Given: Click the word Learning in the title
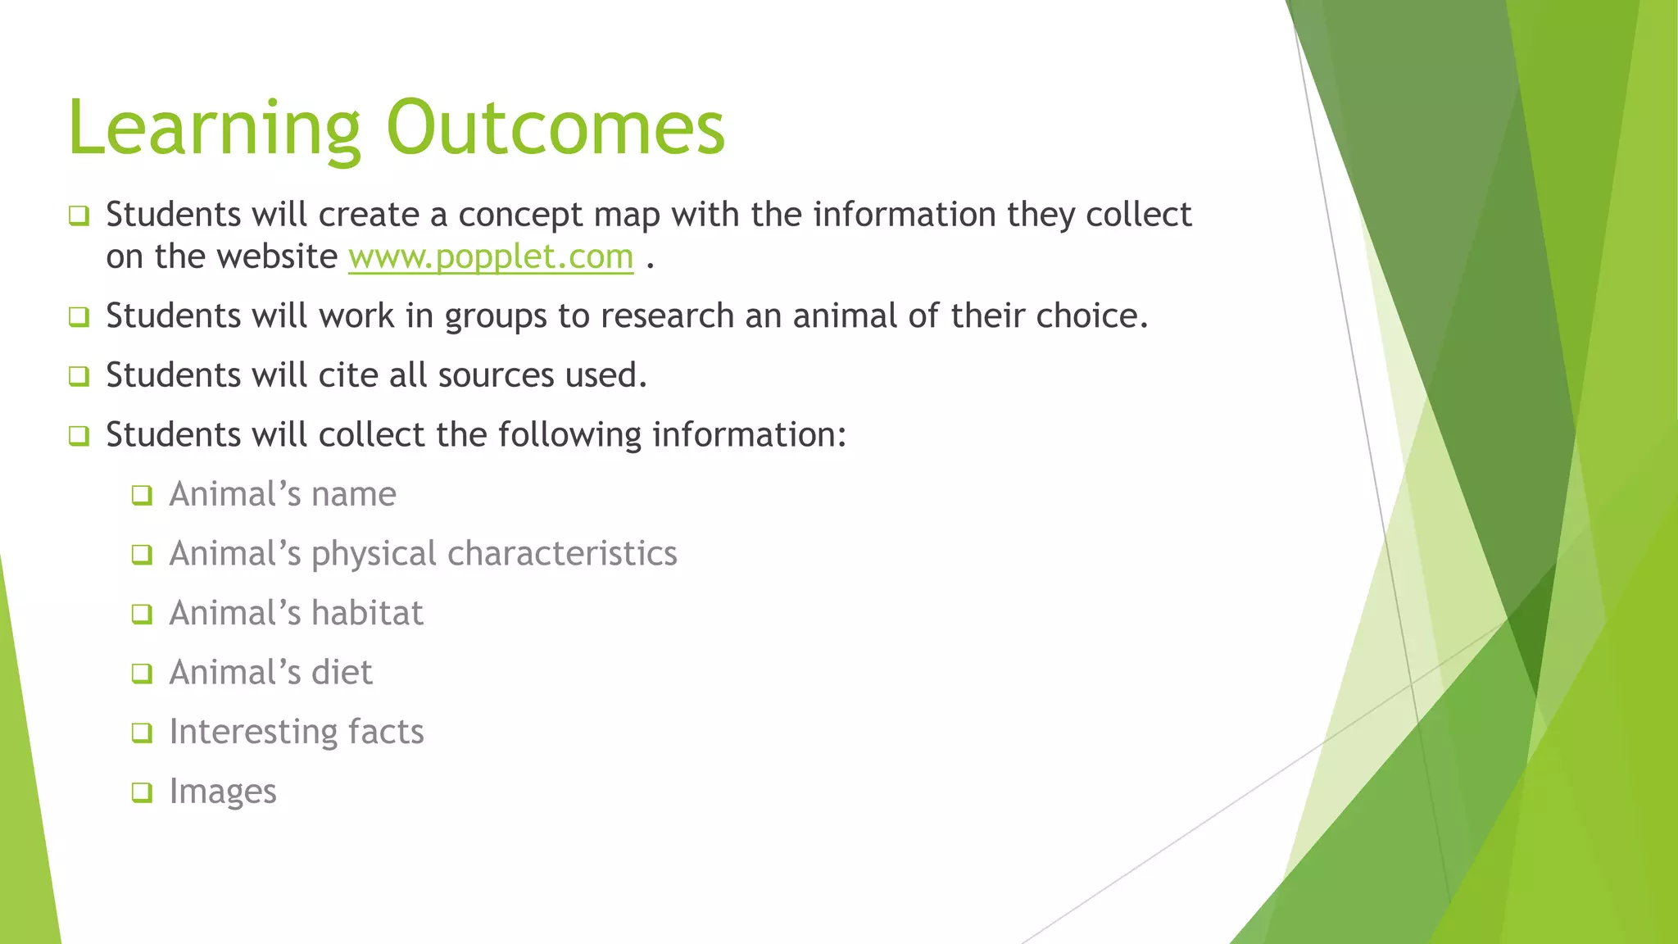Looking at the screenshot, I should [213, 128].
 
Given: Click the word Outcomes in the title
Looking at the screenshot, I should [556, 128].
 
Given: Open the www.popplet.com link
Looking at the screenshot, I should [491, 257].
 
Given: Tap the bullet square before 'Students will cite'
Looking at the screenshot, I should [79, 376].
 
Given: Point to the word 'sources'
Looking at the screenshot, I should [497, 375].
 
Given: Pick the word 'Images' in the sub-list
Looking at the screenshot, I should [223, 792].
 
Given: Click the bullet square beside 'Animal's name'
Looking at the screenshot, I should [143, 495].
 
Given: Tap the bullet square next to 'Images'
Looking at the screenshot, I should [143, 792].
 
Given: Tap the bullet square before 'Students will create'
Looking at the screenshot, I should [79, 216].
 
